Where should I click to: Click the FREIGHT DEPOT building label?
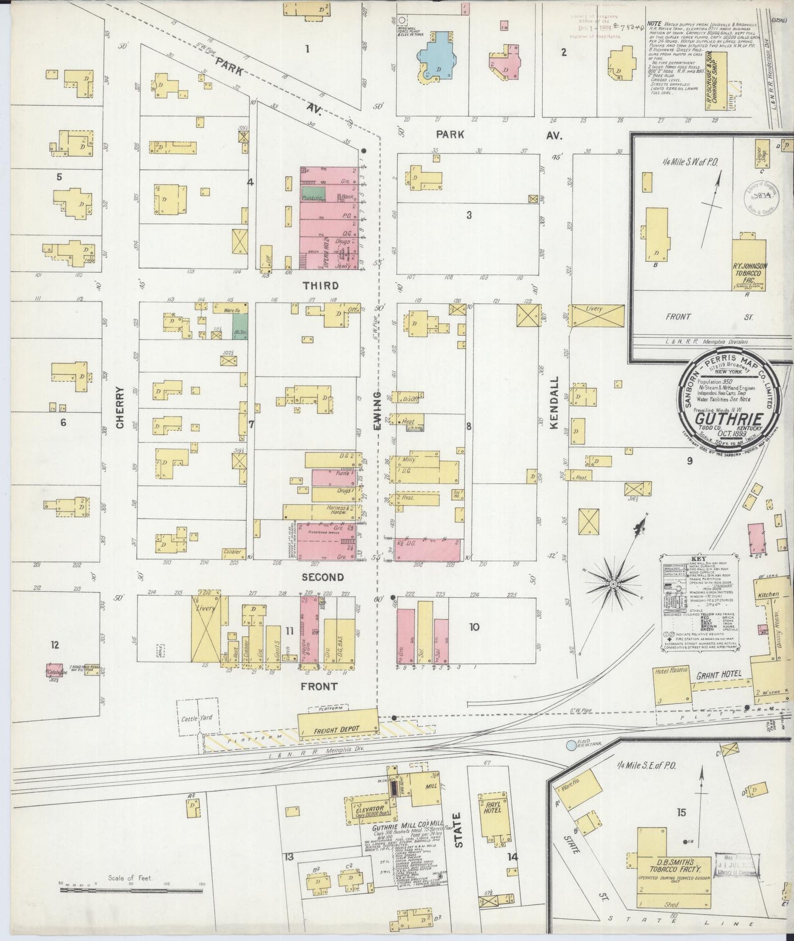pyautogui.click(x=337, y=729)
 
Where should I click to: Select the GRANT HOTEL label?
pyautogui.click(x=719, y=674)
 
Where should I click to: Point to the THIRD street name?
pyautogui.click(x=320, y=285)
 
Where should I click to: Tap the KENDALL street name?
pyautogui.click(x=554, y=406)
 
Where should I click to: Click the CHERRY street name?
pyautogui.click(x=120, y=407)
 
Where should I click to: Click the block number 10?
pyautogui.click(x=474, y=627)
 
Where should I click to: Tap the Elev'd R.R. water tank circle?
pyautogui.click(x=572, y=746)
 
